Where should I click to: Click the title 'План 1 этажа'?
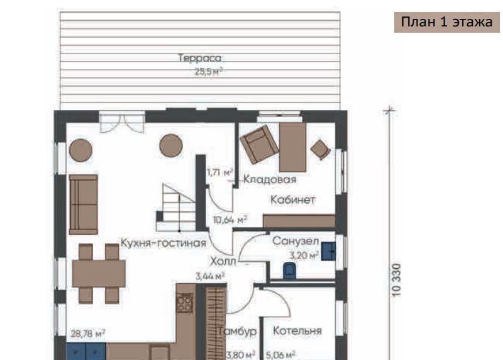click(446, 22)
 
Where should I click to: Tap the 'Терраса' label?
click(199, 58)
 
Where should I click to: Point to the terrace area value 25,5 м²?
click(209, 71)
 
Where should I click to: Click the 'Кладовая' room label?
click(270, 179)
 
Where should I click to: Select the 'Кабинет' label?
click(293, 200)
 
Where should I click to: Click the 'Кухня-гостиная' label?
click(163, 243)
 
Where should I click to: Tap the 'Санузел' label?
click(296, 241)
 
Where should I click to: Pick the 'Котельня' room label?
click(297, 330)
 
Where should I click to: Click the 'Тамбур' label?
click(238, 331)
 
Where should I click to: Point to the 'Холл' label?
click(223, 261)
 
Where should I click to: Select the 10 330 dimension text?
click(397, 280)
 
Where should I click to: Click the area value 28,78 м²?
click(87, 334)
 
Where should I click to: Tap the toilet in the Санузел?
click(289, 270)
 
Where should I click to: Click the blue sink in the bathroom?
click(328, 252)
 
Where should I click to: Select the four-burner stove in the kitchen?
click(184, 302)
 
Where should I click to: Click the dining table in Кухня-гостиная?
click(99, 274)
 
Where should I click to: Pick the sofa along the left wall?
click(84, 205)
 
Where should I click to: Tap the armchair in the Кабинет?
click(259, 144)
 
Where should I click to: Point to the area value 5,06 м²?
click(280, 355)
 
